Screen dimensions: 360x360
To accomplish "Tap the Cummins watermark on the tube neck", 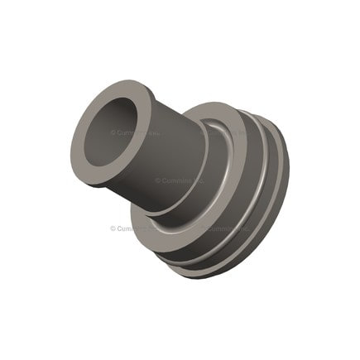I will pos(179,180).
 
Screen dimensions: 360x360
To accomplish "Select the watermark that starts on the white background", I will pos(132,228).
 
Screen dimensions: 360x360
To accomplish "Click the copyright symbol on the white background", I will pos(113,228).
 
